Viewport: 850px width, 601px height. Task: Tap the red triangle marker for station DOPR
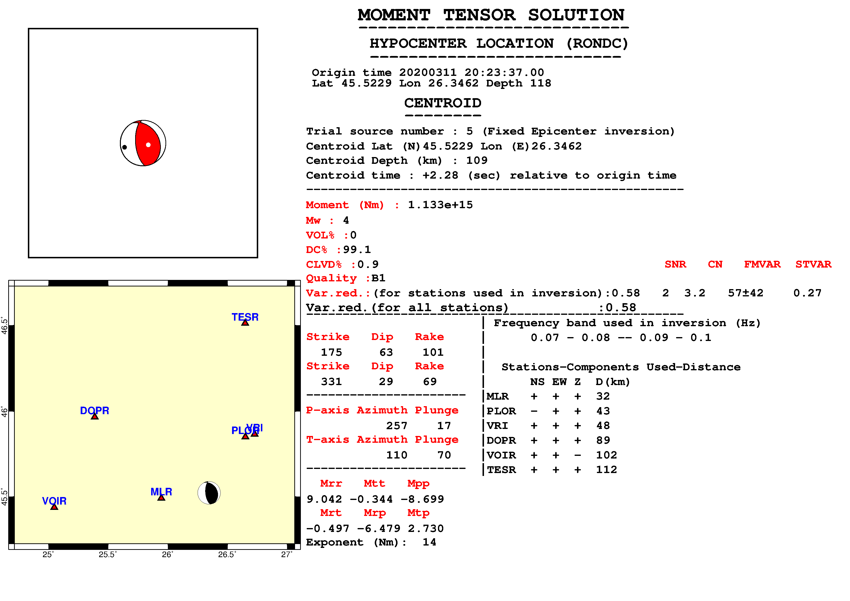click(x=95, y=417)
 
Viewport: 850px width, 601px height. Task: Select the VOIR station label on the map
click(x=54, y=501)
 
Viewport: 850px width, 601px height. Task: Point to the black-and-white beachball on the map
click(x=209, y=493)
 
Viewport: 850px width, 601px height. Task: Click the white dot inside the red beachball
click(x=148, y=145)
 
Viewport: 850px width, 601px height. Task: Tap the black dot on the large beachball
click(x=125, y=147)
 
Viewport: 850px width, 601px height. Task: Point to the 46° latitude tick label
click(x=4, y=411)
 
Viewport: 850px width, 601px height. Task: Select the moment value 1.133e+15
click(x=440, y=205)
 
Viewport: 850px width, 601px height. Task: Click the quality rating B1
click(x=378, y=278)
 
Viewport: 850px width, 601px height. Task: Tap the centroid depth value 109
click(x=477, y=160)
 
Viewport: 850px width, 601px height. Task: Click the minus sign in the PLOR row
click(x=534, y=411)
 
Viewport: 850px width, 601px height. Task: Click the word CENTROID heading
click(x=443, y=103)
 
